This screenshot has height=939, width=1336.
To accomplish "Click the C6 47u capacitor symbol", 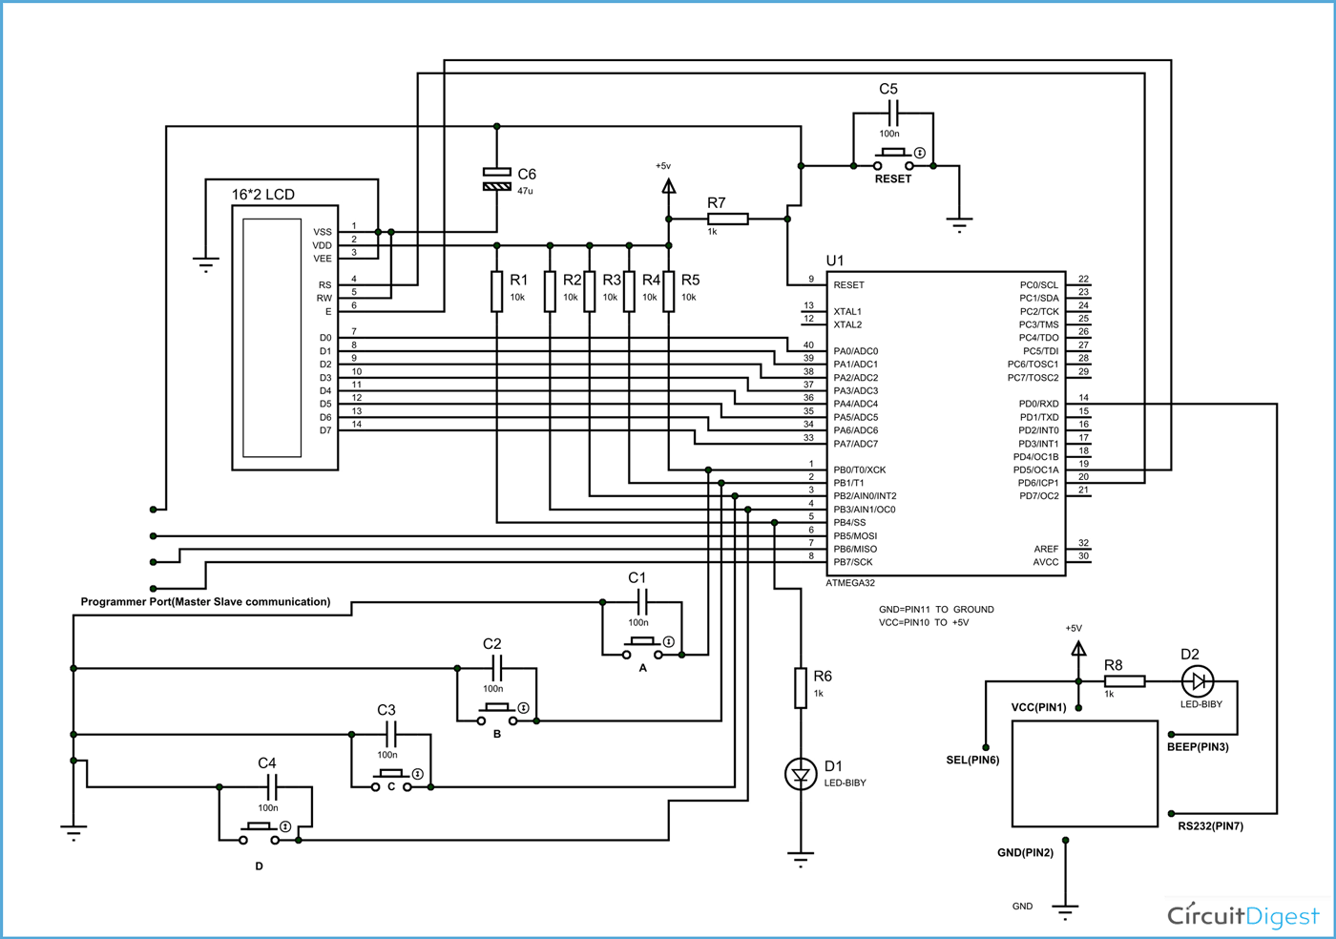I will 496,179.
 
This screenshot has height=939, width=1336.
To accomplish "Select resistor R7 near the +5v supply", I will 727,219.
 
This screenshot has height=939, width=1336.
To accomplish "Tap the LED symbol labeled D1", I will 800,774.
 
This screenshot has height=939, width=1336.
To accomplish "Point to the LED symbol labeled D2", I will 1197,681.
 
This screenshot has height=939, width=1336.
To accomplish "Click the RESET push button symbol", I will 893,158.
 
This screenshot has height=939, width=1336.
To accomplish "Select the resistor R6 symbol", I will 800,688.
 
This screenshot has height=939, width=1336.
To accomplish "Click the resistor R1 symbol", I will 496,291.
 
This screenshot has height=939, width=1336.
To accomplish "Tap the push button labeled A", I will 642,648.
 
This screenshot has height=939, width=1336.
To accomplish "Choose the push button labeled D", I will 260,833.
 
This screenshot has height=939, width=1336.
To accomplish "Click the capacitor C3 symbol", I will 390,734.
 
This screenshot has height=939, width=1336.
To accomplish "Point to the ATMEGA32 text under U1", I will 849,583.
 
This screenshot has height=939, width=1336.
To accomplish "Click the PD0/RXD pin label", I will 1038,404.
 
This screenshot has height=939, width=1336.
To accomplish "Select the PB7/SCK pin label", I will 853,562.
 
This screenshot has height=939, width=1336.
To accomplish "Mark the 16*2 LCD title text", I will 263,195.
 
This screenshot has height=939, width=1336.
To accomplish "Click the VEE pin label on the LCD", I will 323,259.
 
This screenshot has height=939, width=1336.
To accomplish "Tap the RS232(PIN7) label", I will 1210,826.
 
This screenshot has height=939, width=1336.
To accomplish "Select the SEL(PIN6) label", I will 972,761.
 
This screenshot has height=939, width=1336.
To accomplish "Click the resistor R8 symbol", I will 1124,681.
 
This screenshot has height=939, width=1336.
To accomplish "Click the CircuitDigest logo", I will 1243,916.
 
